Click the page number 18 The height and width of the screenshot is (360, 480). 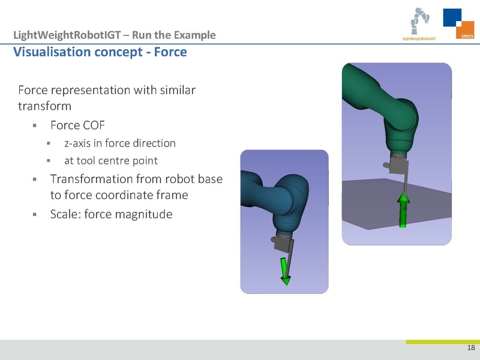pos(470,349)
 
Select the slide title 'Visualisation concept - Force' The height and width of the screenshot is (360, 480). pos(100,52)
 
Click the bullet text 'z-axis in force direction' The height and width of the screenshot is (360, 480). pos(119,143)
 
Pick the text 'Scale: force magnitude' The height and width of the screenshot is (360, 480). pos(112,214)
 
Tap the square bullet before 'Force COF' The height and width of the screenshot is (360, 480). pos(35,126)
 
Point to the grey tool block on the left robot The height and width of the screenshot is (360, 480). pos(282,242)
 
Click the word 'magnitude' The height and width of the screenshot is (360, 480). pos(143,214)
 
